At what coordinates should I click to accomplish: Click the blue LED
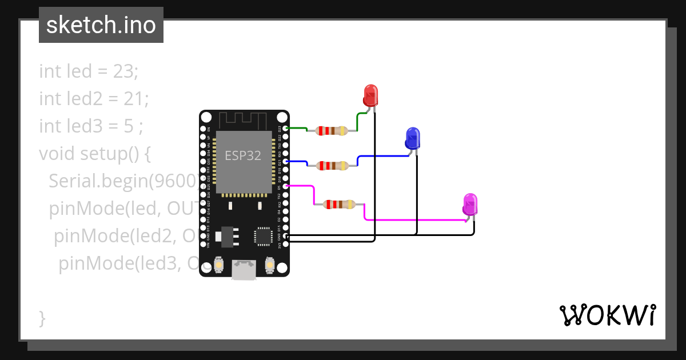click(412, 138)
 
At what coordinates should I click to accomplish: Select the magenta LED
click(470, 204)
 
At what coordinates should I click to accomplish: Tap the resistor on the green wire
click(332, 130)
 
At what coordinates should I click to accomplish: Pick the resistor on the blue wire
click(332, 166)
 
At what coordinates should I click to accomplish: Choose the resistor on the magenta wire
click(340, 204)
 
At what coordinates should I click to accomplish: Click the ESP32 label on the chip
click(243, 155)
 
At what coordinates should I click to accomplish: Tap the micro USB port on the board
click(244, 270)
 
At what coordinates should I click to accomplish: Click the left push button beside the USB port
click(218, 266)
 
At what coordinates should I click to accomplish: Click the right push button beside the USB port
click(270, 266)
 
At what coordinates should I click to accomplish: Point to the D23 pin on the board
click(286, 128)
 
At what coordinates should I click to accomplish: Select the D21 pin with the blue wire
click(286, 161)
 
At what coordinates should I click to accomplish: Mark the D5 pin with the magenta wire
click(286, 186)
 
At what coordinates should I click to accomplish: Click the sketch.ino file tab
click(101, 25)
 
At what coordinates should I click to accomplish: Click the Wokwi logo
click(607, 315)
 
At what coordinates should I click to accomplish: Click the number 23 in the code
click(126, 71)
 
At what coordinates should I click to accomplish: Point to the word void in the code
click(57, 154)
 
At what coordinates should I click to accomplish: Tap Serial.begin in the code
click(97, 181)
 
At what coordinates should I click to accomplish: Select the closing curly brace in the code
click(42, 318)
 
